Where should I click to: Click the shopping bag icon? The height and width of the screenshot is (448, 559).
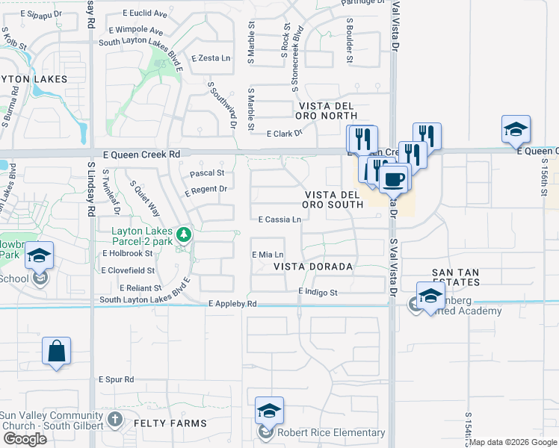tap(58, 351)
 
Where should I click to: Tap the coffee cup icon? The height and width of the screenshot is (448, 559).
tap(394, 179)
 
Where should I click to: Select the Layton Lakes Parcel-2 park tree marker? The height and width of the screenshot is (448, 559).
tap(183, 234)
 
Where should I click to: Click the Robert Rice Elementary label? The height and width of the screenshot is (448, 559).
tap(331, 432)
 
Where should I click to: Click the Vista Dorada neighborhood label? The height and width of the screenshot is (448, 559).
tap(312, 266)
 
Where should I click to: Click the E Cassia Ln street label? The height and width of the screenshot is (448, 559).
tap(279, 220)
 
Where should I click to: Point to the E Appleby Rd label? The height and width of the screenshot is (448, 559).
tap(232, 304)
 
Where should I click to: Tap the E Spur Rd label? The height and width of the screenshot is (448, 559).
tap(116, 379)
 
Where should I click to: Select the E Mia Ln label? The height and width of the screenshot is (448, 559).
tap(268, 255)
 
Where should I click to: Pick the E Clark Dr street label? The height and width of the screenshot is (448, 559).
tap(284, 133)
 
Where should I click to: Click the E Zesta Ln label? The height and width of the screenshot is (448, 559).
tap(211, 57)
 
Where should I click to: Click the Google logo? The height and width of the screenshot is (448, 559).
tap(25, 439)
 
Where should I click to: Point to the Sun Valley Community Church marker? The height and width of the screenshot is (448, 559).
tap(115, 419)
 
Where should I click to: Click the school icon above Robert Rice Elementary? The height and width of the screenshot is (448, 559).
tap(269, 411)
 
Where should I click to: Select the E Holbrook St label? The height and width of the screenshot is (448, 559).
tap(128, 253)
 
